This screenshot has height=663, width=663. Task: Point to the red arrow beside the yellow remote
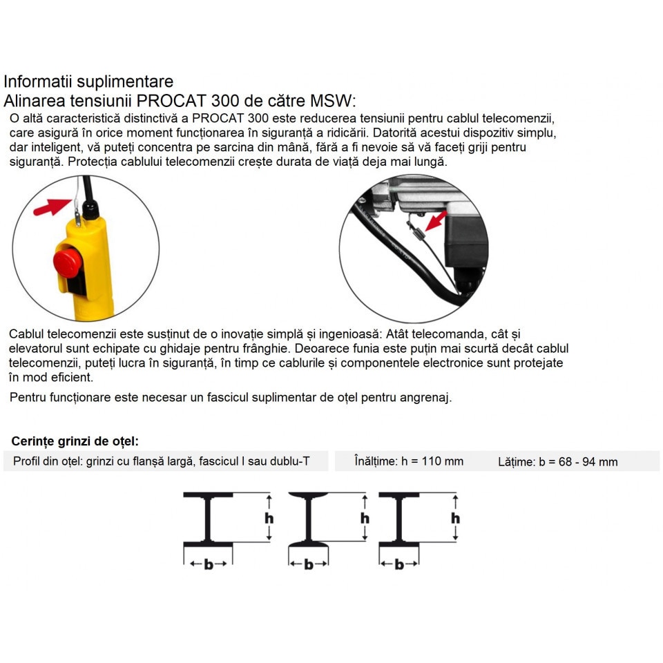(x=52, y=205)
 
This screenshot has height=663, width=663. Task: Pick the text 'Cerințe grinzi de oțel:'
(x=75, y=441)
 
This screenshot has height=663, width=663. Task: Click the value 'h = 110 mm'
(x=432, y=461)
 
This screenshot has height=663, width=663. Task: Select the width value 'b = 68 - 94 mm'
(x=578, y=462)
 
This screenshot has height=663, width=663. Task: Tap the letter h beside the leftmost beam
(x=269, y=517)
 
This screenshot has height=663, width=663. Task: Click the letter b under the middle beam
(x=308, y=564)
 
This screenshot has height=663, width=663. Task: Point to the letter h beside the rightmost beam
(x=456, y=517)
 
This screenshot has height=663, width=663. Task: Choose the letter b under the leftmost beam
(x=208, y=564)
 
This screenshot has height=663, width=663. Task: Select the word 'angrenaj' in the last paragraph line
(x=427, y=398)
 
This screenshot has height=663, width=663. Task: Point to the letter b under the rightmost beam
(x=398, y=564)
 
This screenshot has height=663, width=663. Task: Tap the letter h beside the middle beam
(x=365, y=517)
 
